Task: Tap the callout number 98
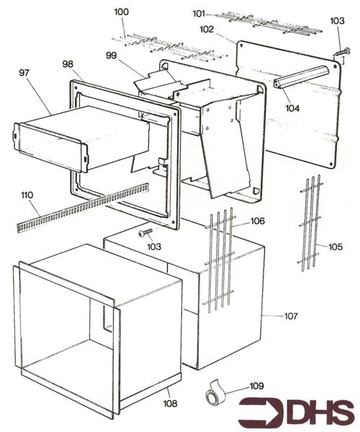(x=68, y=64)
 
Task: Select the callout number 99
(x=111, y=55)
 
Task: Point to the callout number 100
(x=122, y=12)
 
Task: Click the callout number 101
(x=199, y=13)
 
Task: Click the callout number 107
(x=290, y=316)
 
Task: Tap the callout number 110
(x=27, y=196)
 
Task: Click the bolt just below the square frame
(x=145, y=232)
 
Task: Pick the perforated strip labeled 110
(x=79, y=208)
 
